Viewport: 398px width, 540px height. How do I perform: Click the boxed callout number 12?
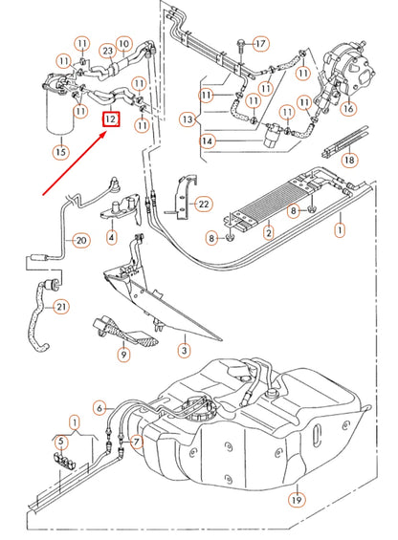pyautogui.click(x=112, y=119)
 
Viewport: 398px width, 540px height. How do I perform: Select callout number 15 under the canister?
pyautogui.click(x=61, y=151)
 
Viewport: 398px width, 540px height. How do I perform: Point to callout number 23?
pyautogui.click(x=108, y=51)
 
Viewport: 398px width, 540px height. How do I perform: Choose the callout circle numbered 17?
pyautogui.click(x=261, y=43)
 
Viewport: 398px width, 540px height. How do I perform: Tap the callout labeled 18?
pyautogui.click(x=349, y=160)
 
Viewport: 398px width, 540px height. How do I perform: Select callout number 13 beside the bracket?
pyautogui.click(x=188, y=120)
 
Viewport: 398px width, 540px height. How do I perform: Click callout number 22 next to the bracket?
pyautogui.click(x=202, y=204)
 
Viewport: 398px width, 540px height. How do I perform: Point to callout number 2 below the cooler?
pyautogui.click(x=269, y=231)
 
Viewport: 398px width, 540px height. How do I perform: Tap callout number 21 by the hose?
pyautogui.click(x=61, y=306)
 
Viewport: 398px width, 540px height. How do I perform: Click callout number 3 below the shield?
pyautogui.click(x=183, y=351)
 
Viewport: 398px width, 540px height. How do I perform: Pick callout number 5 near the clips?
pyautogui.click(x=60, y=441)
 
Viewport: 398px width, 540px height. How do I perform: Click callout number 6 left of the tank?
pyautogui.click(x=99, y=408)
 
